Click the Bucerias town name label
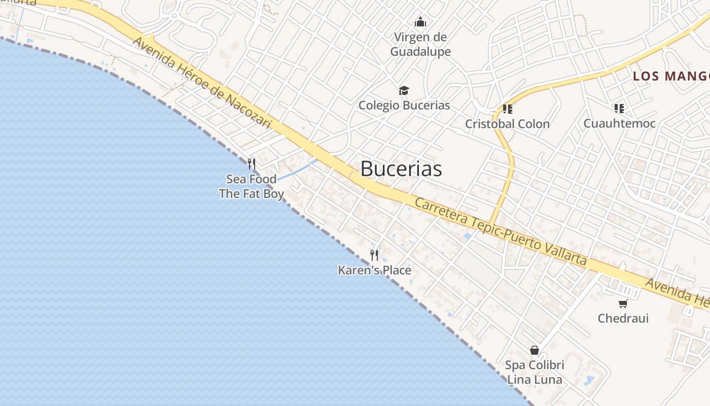pyautogui.click(x=401, y=169)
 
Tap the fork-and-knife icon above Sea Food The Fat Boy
pyautogui.click(x=251, y=164)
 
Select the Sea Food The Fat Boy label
pyautogui.click(x=252, y=186)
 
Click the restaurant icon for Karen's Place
pyautogui.click(x=374, y=255)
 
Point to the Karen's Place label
pyautogui.click(x=374, y=270)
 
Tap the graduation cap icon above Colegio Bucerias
pyautogui.click(x=404, y=90)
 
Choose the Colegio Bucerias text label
pyautogui.click(x=404, y=105)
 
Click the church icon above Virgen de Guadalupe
pyautogui.click(x=420, y=22)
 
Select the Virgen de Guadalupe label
pyautogui.click(x=420, y=44)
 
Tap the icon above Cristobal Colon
pyautogui.click(x=507, y=109)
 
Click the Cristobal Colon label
pyautogui.click(x=507, y=124)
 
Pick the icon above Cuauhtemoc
pyautogui.click(x=619, y=108)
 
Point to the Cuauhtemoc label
pyautogui.click(x=619, y=123)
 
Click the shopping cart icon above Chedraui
pyautogui.click(x=623, y=303)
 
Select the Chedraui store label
pyautogui.click(x=623, y=318)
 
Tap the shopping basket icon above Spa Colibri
pyautogui.click(x=534, y=350)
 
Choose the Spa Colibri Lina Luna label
pyautogui.click(x=535, y=372)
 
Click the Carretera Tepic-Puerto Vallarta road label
pyautogui.click(x=501, y=231)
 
